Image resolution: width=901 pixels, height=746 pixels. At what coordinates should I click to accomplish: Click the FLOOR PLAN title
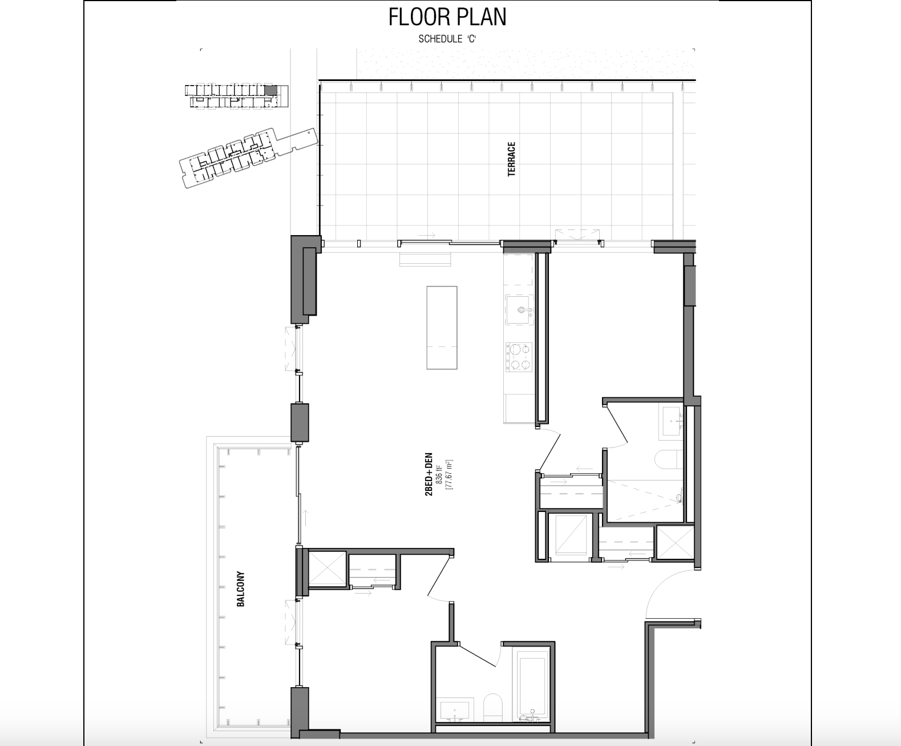pos(447,17)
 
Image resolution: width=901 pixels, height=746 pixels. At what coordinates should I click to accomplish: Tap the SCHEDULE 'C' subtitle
pos(447,39)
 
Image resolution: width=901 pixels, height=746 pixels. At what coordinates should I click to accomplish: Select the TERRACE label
pos(511,159)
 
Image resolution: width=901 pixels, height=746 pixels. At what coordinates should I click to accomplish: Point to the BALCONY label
pos(241,589)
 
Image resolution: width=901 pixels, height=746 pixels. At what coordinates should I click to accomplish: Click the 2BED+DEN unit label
pos(429,474)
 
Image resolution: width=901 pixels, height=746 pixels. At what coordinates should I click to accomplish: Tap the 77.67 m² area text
pos(449,474)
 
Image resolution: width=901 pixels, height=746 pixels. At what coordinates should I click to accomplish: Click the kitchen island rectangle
pos(442,328)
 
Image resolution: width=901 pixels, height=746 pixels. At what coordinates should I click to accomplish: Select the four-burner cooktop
pos(519,357)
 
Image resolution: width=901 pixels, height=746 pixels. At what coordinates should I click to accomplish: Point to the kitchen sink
pos(519,309)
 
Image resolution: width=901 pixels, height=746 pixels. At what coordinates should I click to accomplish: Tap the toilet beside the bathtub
pos(493,707)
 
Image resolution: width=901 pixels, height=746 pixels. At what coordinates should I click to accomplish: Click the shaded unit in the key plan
pos(270,90)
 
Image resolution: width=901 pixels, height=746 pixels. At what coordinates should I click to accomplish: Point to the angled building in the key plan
pos(249,158)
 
